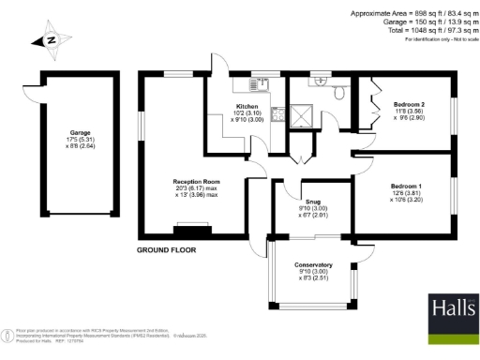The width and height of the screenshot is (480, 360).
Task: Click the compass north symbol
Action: (51, 39)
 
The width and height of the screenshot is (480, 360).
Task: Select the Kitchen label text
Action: (247, 106)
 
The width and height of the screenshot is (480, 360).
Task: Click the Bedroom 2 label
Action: (409, 103)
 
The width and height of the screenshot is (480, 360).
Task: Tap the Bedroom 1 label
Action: (408, 187)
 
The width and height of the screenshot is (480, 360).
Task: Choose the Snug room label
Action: (312, 201)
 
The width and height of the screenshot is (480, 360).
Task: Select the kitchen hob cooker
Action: (277, 116)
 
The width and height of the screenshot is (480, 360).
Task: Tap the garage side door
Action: (30, 98)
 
